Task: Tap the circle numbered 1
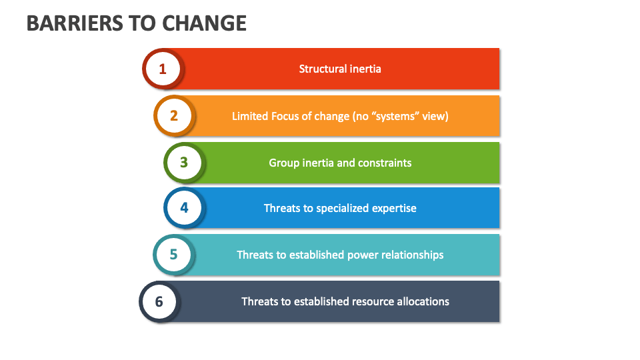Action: tap(162, 69)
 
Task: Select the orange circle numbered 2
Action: tap(174, 115)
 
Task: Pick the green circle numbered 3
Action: tap(184, 163)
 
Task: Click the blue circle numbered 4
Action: tap(184, 208)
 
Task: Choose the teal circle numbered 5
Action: tap(174, 255)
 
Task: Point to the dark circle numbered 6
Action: tap(159, 301)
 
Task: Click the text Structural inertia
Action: tap(340, 69)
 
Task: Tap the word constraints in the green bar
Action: tap(385, 163)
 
